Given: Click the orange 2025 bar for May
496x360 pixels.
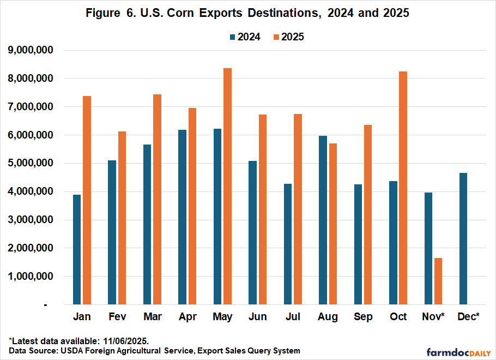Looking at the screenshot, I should (x=227, y=186).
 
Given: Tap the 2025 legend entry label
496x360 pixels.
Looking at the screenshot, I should (x=293, y=37).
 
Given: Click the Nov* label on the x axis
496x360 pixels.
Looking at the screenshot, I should (x=434, y=317).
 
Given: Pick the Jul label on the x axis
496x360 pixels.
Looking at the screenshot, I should (x=293, y=317).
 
